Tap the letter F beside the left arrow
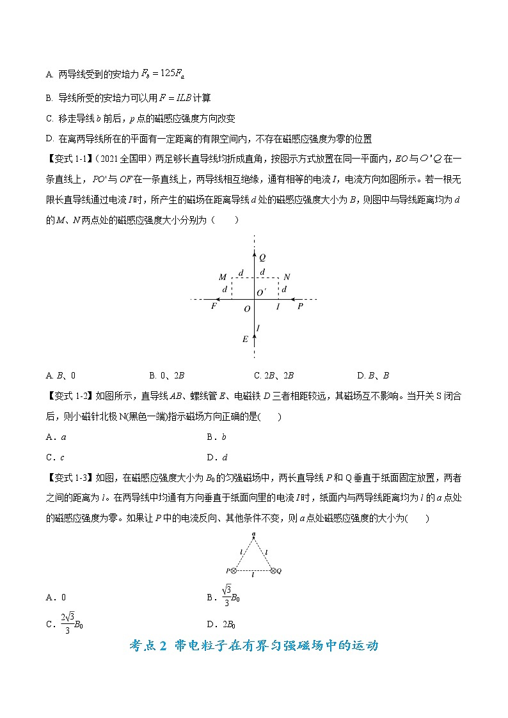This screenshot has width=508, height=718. (x=215, y=307)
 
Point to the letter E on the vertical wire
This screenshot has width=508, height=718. (x=245, y=339)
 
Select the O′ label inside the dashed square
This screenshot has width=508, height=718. (x=261, y=292)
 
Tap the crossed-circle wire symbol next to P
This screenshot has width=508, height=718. (x=234, y=570)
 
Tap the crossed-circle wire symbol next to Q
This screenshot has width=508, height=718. (x=273, y=570)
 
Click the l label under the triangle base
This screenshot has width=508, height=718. (x=254, y=578)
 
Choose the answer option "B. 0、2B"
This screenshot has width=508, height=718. (x=166, y=375)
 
